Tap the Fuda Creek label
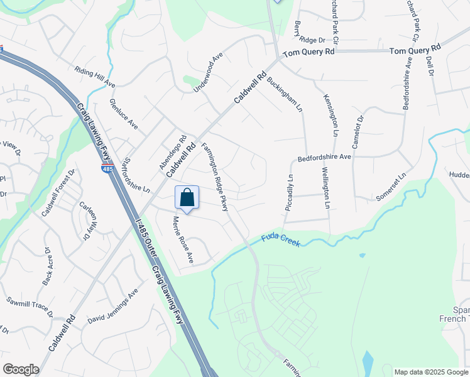click(281, 239)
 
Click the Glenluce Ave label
click(123, 114)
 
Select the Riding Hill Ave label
click(95, 76)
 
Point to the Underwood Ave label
click(209, 73)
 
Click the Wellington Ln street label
click(325, 187)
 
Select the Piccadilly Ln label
click(290, 194)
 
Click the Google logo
click(21, 369)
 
